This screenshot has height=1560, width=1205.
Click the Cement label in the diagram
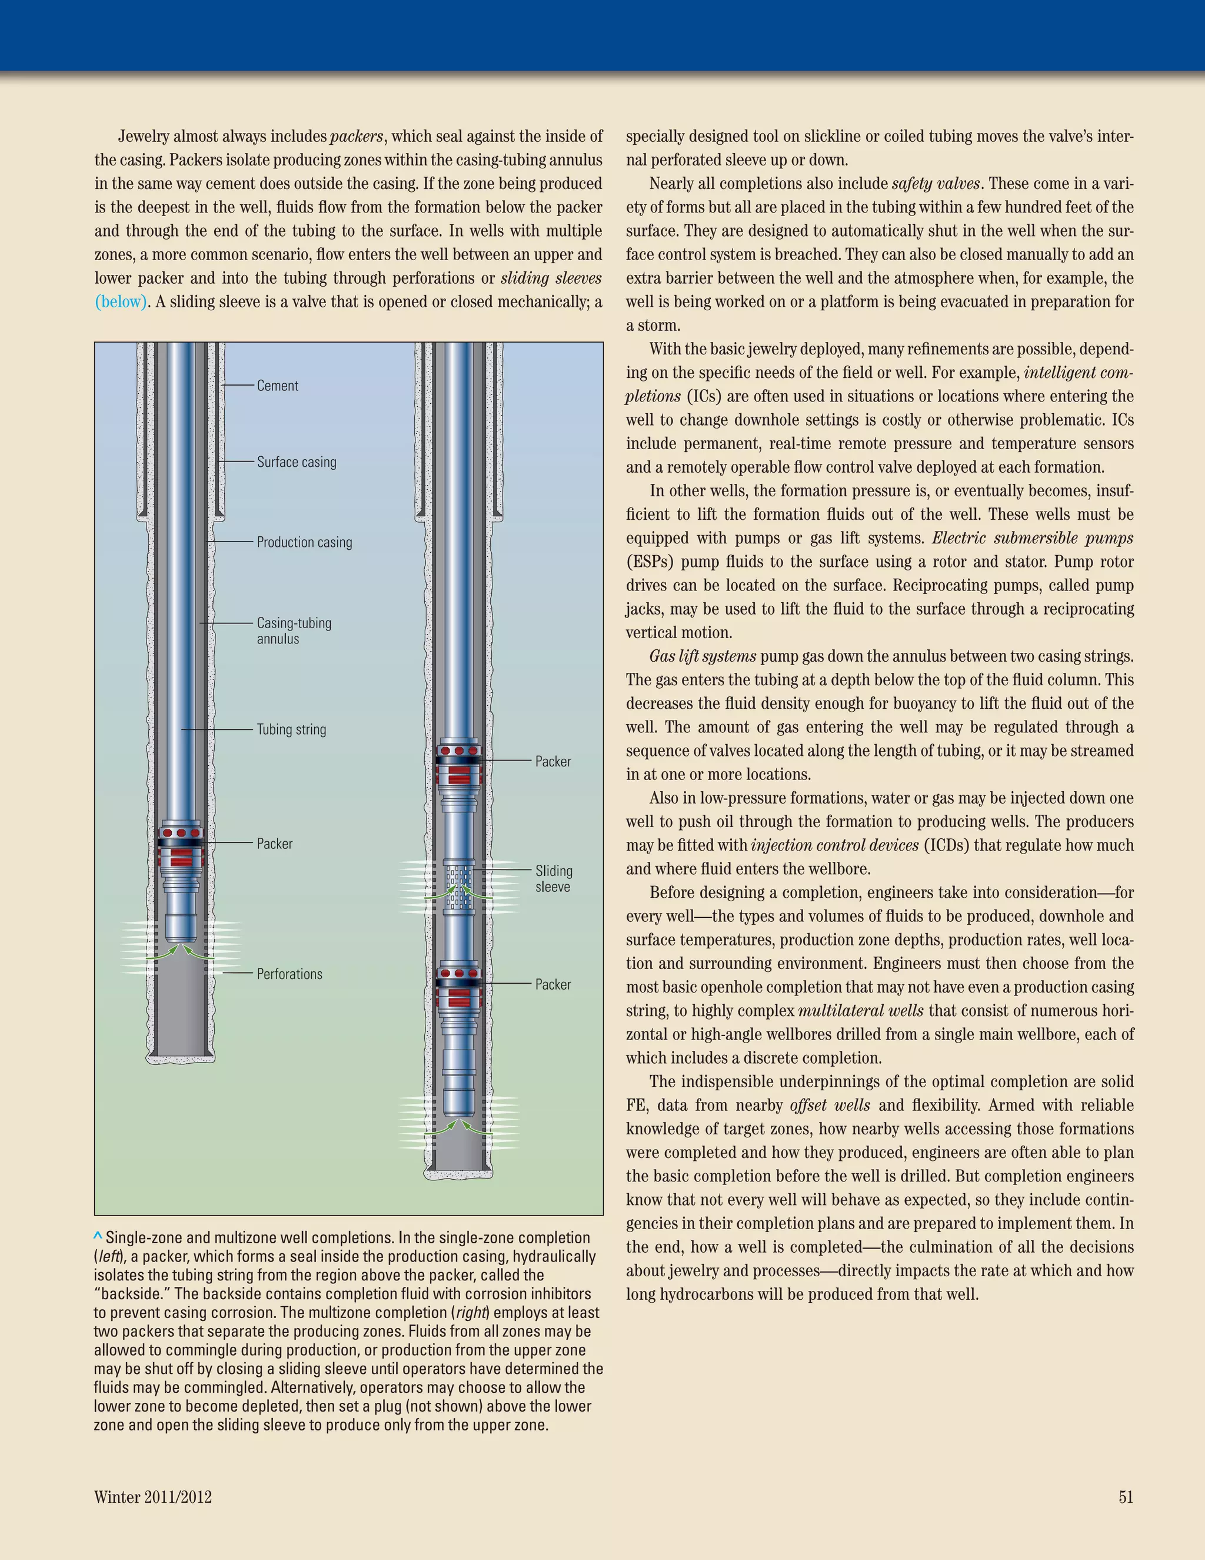277,386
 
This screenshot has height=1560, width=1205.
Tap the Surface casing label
297,462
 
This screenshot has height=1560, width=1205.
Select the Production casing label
304,542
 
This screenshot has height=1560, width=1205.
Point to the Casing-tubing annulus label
294,630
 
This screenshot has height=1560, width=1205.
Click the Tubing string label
291,729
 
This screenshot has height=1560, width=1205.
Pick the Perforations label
289,974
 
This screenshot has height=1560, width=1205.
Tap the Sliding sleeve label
553,878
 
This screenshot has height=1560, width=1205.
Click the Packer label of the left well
274,844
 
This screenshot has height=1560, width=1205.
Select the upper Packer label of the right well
552,761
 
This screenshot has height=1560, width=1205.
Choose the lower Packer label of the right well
552,984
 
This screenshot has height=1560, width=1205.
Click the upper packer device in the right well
459,764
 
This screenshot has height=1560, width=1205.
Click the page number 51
1126,1497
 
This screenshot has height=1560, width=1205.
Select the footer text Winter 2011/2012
153,1497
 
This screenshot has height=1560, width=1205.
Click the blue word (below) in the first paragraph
121,301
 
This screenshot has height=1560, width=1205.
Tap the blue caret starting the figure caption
98,1236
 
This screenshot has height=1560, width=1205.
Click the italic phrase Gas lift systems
703,656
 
